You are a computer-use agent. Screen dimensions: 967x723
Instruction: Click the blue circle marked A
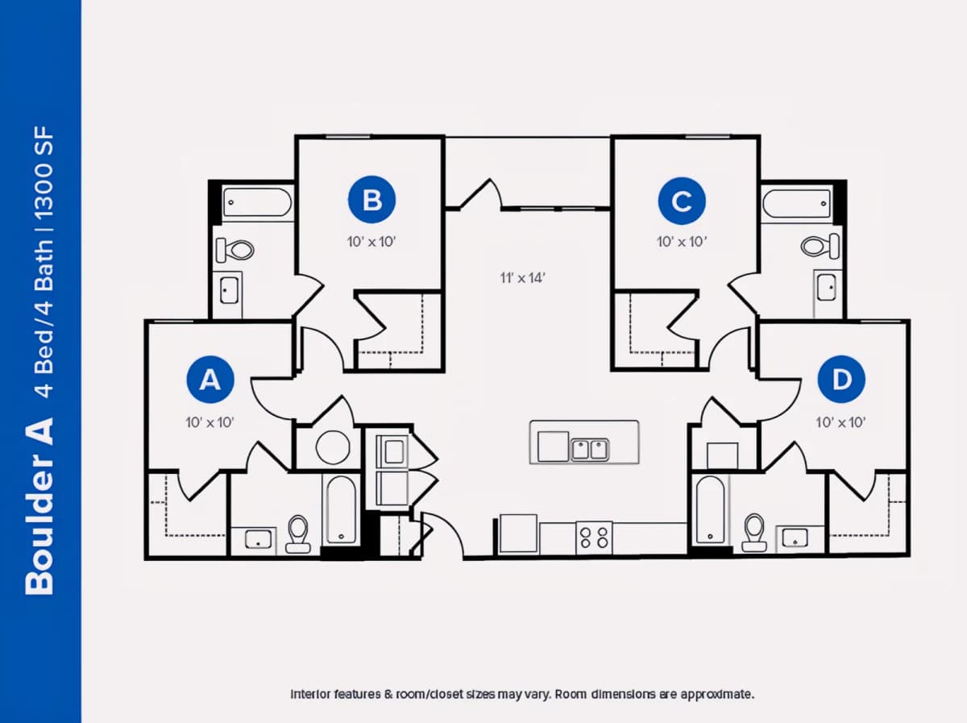[210, 380]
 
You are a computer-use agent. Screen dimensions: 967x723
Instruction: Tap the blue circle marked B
[371, 200]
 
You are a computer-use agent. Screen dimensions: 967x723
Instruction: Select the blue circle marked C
[682, 201]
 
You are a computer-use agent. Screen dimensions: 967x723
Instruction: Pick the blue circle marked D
[841, 380]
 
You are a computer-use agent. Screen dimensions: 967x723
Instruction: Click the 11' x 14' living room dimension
[523, 278]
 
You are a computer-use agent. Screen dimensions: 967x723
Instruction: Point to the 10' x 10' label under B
[371, 242]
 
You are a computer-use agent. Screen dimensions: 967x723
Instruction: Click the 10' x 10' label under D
[840, 422]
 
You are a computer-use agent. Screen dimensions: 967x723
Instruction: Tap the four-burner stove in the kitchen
[594, 538]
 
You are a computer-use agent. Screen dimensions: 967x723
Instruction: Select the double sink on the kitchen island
[590, 450]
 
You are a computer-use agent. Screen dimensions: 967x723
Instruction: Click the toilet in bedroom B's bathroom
[234, 250]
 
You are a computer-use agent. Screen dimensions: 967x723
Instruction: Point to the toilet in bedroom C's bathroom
[820, 246]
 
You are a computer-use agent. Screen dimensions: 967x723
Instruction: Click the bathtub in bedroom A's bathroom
[341, 510]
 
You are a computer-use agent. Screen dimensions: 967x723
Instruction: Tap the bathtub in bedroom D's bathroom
[710, 509]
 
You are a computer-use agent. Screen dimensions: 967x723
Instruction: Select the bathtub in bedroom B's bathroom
[257, 202]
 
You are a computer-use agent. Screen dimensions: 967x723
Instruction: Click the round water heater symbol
[333, 447]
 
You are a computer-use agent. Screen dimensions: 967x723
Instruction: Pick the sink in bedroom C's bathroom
[827, 287]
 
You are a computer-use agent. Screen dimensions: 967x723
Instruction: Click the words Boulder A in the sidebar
[39, 507]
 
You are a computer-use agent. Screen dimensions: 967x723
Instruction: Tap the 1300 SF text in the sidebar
[44, 172]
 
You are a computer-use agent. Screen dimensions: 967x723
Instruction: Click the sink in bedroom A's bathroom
[258, 539]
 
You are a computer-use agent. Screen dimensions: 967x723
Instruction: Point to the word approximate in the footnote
[717, 694]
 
